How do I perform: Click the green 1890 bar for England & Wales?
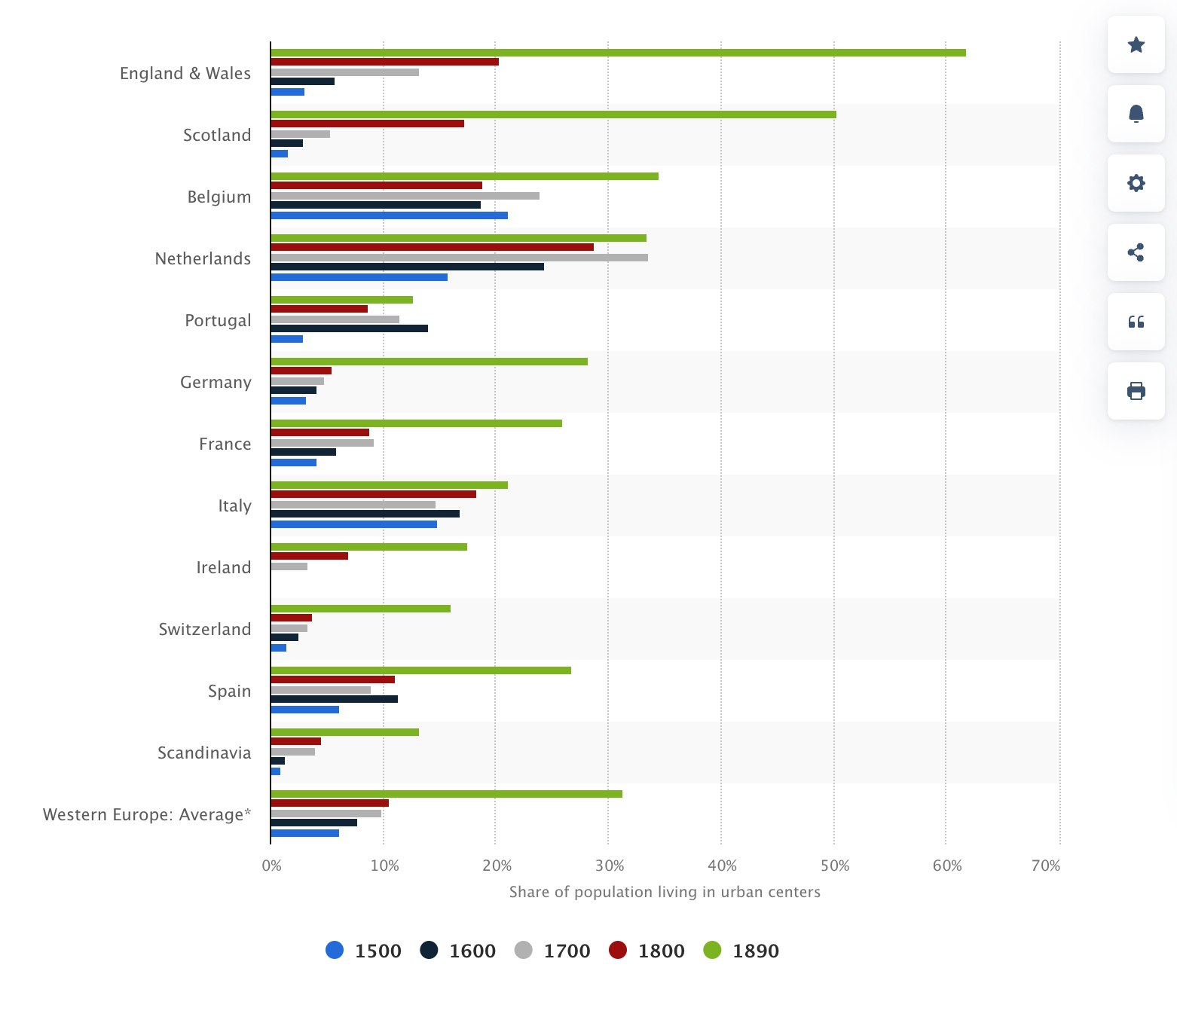pyautogui.click(x=618, y=53)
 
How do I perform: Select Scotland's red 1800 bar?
pyautogui.click(x=367, y=124)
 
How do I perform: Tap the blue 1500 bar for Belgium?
pyautogui.click(x=389, y=215)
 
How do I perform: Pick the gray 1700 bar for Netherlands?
pyautogui.click(x=459, y=258)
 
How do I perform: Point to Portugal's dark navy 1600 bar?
pyautogui.click(x=349, y=328)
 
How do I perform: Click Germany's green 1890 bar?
pyautogui.click(x=429, y=362)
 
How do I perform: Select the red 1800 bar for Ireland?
pyautogui.click(x=309, y=556)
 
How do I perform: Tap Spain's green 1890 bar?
pyautogui.click(x=420, y=670)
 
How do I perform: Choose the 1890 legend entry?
pyautogui.click(x=741, y=951)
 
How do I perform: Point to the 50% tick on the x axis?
pyautogui.click(x=834, y=866)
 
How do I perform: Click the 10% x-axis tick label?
pyautogui.click(x=384, y=866)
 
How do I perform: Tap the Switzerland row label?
pyautogui.click(x=204, y=629)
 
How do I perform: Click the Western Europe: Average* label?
pyautogui.click(x=147, y=814)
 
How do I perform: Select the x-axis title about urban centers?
pyautogui.click(x=665, y=892)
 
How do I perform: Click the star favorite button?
pyautogui.click(x=1136, y=45)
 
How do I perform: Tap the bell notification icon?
pyautogui.click(x=1136, y=114)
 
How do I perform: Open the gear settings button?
pyautogui.click(x=1136, y=183)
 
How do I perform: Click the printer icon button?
pyautogui.click(x=1136, y=391)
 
